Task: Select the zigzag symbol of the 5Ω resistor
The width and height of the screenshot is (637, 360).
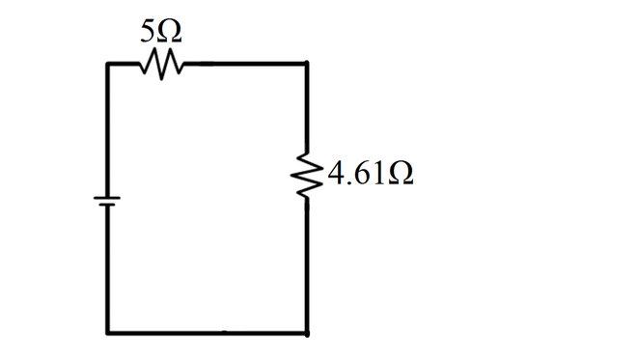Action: (159, 65)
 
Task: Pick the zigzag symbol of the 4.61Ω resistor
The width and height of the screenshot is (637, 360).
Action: (307, 176)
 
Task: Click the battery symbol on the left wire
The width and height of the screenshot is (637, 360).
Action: (106, 201)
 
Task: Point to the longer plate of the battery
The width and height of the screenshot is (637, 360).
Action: (106, 197)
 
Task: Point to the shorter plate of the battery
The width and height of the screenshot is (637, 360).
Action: (106, 205)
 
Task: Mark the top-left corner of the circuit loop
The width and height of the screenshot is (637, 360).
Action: (108, 65)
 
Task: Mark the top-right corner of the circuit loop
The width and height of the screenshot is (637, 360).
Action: (307, 65)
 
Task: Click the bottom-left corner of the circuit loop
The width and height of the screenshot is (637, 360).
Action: (108, 332)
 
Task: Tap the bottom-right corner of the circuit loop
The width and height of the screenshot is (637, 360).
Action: (307, 332)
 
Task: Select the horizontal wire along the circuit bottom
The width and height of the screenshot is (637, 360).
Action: (208, 332)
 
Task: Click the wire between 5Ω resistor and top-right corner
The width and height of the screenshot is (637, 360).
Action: (241, 65)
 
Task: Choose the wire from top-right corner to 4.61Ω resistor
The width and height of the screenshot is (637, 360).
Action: (307, 106)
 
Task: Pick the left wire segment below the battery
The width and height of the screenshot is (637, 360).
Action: (107, 270)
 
